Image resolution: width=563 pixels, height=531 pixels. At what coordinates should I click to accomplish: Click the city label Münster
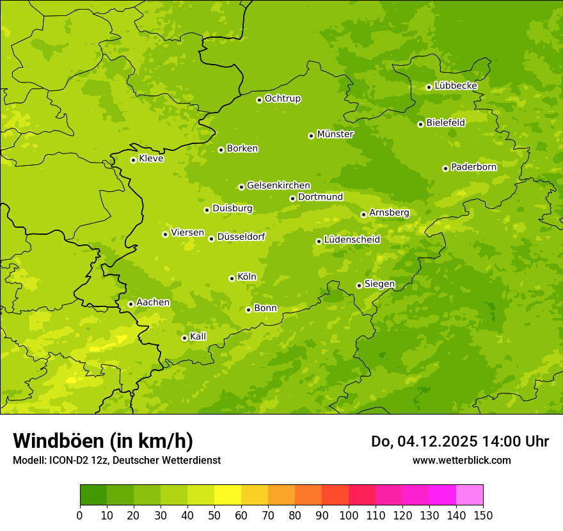(335, 134)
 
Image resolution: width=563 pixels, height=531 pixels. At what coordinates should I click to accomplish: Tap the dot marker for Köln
(232, 278)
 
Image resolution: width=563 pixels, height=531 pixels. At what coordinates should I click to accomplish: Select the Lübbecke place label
(456, 86)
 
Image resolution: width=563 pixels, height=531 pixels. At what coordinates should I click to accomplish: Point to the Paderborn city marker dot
(445, 168)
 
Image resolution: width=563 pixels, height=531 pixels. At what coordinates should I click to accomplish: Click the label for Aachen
(153, 303)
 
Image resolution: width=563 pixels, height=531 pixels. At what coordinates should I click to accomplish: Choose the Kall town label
(198, 337)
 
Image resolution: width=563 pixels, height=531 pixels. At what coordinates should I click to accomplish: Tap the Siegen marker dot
(359, 285)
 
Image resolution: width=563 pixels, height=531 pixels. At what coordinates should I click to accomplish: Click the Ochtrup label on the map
(282, 99)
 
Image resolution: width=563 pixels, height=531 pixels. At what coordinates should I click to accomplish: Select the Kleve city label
(151, 159)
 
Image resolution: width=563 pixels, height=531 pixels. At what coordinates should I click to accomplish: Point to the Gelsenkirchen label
(278, 186)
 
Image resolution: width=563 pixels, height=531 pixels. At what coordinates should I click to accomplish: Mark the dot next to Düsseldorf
(211, 239)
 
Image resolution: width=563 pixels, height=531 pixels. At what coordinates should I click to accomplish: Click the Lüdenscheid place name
(352, 240)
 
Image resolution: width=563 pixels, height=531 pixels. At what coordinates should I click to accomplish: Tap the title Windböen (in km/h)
(103, 441)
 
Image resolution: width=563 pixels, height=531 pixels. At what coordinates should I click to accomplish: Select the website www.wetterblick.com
(461, 460)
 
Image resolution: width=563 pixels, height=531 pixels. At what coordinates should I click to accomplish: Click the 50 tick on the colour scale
(214, 515)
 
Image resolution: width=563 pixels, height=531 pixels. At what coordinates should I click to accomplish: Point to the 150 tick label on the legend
(483, 515)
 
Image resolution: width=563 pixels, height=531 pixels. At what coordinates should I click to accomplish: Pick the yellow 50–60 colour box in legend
(228, 495)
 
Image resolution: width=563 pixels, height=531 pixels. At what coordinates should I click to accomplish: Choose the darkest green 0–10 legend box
(93, 495)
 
